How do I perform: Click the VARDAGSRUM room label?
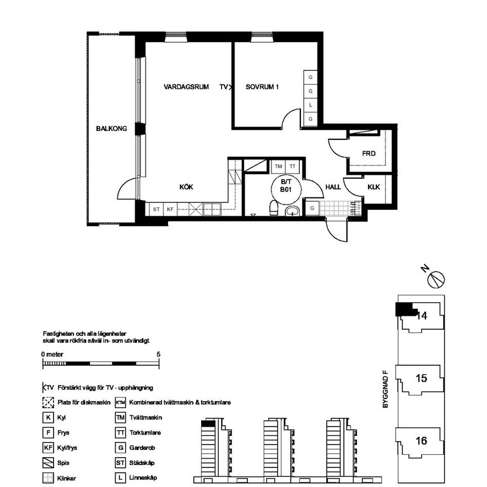pos(186,87)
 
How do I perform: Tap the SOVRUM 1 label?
pos(262,87)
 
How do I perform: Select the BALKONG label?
pos(112,129)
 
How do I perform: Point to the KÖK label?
pos(187,187)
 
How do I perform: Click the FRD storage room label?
pos(369,153)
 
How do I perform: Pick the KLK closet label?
pos(374,187)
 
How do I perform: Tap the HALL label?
pos(333,187)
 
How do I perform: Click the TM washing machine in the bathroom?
pos(278,166)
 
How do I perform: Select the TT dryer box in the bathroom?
pos(293,166)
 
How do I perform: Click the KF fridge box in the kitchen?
pos(170,209)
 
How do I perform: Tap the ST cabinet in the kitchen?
pos(156,209)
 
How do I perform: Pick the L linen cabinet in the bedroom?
pos(310,105)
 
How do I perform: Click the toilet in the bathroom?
pos(273,208)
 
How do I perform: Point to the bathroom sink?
pos(292,211)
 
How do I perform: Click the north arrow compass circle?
pos(436,280)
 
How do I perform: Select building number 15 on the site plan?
pos(422,378)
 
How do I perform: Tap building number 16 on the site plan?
pos(422,441)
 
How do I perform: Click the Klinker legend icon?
pos(48,478)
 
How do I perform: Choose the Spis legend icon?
pos(48,463)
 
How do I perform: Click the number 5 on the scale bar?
pos(158,355)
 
